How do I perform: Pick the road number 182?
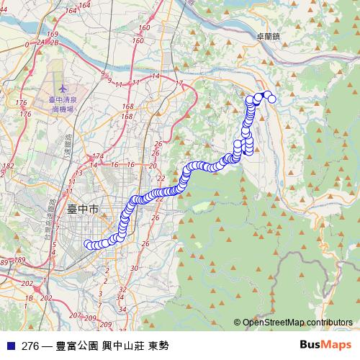click(x=8, y=166)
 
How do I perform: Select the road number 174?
click(x=98, y=156)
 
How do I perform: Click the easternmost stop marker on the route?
click(x=272, y=99)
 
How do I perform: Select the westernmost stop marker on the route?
click(x=89, y=243)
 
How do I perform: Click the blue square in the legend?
click(x=11, y=346)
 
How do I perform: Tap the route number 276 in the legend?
click(x=30, y=346)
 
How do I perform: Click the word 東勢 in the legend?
click(x=158, y=346)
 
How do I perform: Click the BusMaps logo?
click(x=325, y=344)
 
